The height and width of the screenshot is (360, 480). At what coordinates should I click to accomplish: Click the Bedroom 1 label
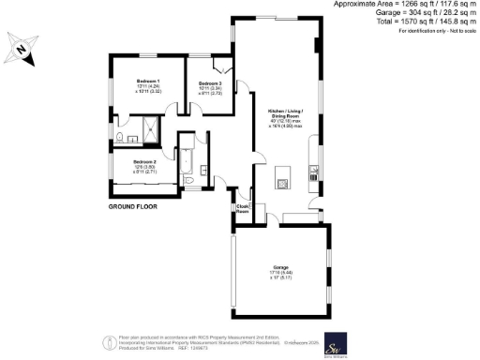click(148, 82)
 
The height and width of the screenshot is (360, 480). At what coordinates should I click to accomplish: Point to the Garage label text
click(279, 266)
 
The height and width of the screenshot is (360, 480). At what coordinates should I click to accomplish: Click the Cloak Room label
click(242, 209)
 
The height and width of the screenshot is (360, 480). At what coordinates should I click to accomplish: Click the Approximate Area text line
click(406, 5)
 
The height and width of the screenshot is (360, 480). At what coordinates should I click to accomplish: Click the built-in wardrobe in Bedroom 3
click(221, 67)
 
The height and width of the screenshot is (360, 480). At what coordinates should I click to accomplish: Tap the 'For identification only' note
click(437, 32)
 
